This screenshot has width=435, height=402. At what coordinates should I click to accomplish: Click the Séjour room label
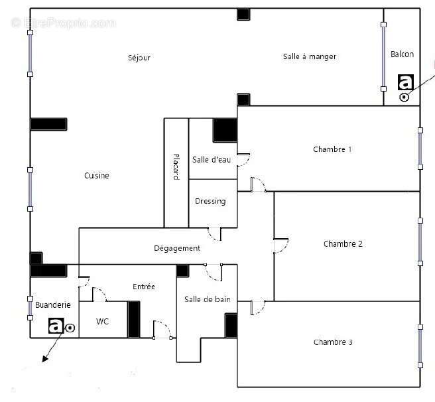tap(139, 58)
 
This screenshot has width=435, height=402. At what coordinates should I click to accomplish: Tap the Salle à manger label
tap(310, 57)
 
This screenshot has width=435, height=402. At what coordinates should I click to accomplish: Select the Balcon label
tap(402, 54)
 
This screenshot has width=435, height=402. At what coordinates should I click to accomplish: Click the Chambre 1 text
tap(332, 149)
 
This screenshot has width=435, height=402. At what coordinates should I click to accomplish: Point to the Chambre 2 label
tap(343, 244)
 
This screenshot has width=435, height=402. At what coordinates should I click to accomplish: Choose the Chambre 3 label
tap(333, 342)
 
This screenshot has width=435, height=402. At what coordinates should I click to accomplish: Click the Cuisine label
tap(97, 176)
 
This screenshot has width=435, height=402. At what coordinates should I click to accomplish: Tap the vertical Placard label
tap(176, 167)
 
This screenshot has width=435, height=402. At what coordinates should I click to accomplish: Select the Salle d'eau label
tap(212, 160)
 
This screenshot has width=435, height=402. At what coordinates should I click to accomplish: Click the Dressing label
tap(210, 201)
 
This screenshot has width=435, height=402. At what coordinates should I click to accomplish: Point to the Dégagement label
tap(176, 248)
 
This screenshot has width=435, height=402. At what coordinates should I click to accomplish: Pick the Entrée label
tap(144, 287)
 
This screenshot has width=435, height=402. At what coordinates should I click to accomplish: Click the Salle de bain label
tap(208, 299)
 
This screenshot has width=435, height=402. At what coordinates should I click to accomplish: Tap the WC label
tap(103, 322)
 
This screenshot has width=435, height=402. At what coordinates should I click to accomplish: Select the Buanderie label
tap(53, 305)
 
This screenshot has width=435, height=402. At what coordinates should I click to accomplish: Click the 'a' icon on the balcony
tap(405, 82)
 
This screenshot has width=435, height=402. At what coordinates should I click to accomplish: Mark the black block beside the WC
tap(134, 319)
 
